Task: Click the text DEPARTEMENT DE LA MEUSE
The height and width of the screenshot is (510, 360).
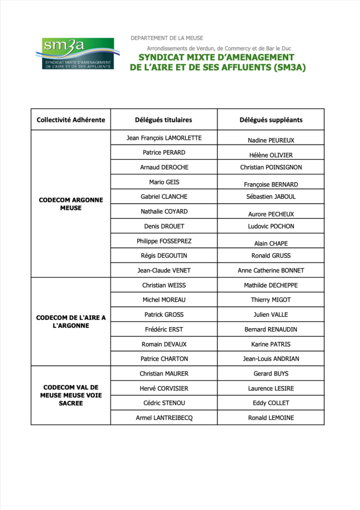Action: click(x=167, y=38)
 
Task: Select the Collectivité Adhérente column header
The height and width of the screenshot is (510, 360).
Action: click(x=71, y=120)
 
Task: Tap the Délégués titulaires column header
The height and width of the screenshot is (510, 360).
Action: click(x=163, y=120)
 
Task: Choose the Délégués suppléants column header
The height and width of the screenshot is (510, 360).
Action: click(x=271, y=120)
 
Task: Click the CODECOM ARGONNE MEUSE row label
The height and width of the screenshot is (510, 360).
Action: click(x=71, y=204)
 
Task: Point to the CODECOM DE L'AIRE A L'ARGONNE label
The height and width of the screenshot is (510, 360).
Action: click(x=71, y=321)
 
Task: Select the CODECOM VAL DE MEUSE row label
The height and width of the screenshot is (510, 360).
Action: click(x=71, y=395)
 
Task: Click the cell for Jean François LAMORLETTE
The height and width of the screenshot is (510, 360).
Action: click(x=164, y=138)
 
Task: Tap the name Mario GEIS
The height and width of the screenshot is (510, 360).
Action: click(x=164, y=182)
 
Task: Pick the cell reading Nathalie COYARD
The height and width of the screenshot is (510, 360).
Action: click(x=164, y=212)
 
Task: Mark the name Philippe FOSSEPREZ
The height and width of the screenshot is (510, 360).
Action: click(x=164, y=241)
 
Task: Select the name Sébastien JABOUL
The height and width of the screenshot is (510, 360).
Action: click(x=271, y=197)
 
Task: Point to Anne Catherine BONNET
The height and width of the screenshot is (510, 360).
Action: click(x=271, y=270)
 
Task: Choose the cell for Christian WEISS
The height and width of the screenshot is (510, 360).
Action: click(x=164, y=285)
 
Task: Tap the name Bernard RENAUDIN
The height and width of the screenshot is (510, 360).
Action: click(x=271, y=329)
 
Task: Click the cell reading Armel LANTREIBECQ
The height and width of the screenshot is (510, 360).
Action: click(x=164, y=418)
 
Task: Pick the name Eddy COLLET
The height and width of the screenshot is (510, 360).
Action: click(x=271, y=403)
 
